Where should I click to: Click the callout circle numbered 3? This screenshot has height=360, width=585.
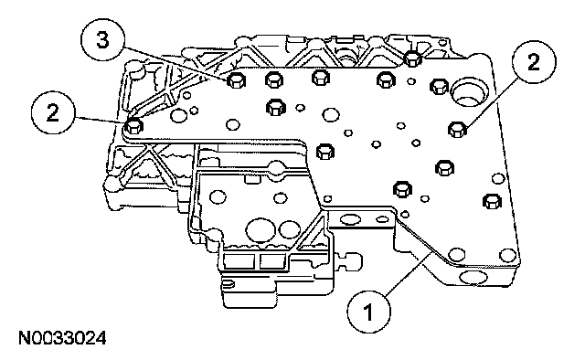coord(102,40)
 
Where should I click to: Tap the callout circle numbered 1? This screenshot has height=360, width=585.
coord(369,312)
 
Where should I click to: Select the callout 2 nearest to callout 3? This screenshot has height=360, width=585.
coord(53,111)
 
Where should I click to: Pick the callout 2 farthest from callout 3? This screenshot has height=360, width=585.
coord(534,61)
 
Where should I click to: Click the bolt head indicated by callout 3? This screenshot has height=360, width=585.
coord(236,80)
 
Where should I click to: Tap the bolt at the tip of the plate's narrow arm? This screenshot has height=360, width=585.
coord(134,126)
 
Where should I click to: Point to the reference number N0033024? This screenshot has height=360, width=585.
coord(62,339)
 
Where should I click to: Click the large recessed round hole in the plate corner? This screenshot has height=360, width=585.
coord(469,93)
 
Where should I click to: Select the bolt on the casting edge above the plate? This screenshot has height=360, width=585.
coord(412,58)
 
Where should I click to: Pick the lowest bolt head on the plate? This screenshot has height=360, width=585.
coord(492,202)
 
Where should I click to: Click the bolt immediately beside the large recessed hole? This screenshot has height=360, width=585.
coord(440,87)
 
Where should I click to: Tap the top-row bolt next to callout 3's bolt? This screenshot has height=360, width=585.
coord(274,79)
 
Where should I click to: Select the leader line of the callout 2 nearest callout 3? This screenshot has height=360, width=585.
coord(100,119)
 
